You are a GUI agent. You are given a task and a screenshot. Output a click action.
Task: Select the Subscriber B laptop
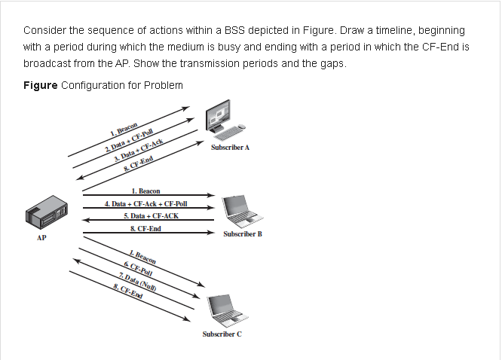tap(242, 211)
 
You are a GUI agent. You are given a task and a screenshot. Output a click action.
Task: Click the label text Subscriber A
tap(231, 148)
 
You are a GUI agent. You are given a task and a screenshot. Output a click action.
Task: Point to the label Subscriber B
tap(243, 234)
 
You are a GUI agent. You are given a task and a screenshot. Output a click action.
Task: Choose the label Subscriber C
tap(222, 334)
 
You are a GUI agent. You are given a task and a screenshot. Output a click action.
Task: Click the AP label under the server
tap(41, 239)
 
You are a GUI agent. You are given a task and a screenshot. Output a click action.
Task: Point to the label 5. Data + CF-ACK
tap(151, 216)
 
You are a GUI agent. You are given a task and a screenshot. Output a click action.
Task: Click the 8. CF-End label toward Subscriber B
tap(145, 229)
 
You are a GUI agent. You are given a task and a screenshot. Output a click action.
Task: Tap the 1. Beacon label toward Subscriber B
tap(145, 191)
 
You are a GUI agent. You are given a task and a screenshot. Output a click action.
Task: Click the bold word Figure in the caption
tap(40, 85)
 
